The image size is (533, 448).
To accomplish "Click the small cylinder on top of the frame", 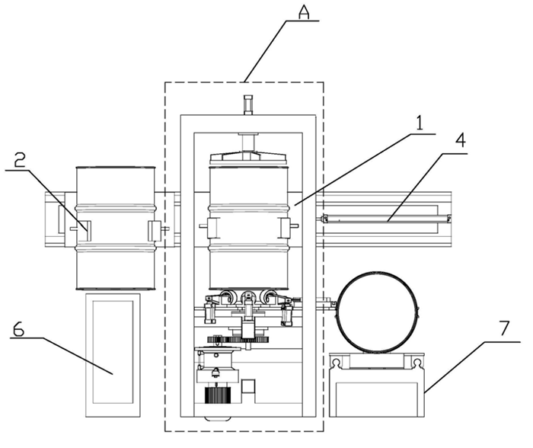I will (x=247, y=104).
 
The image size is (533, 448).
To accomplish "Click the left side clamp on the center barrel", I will (x=209, y=228).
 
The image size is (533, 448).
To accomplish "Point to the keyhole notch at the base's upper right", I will (x=417, y=358).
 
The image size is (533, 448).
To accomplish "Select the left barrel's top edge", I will (x=116, y=168).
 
